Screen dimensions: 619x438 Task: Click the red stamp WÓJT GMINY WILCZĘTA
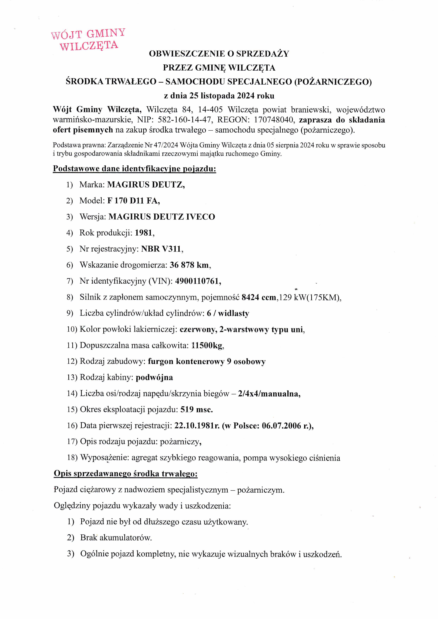(x=88, y=40)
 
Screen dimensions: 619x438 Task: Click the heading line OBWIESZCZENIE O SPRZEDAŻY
(x=219, y=54)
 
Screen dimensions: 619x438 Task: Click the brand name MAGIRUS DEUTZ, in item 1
(x=146, y=185)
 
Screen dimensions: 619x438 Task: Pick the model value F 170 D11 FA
(x=133, y=201)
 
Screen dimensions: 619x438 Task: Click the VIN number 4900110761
(x=198, y=281)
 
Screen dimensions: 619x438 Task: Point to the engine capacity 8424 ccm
(x=259, y=297)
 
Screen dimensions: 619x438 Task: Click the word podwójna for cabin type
(x=154, y=377)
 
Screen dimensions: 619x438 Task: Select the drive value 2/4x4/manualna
(x=269, y=394)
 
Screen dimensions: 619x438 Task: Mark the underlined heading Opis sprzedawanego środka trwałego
(x=126, y=474)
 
